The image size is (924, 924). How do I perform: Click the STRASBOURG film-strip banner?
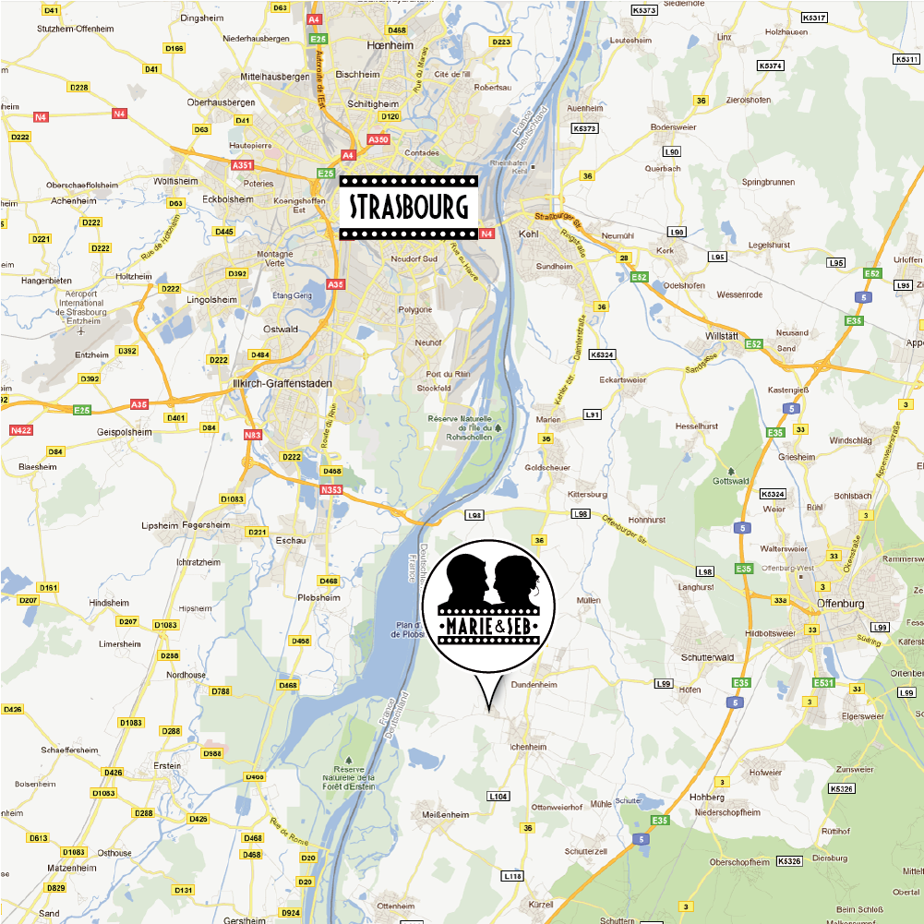[x=408, y=207]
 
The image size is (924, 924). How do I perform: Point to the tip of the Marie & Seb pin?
[x=487, y=712]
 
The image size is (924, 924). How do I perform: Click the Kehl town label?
[x=529, y=234]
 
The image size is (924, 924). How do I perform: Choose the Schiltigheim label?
[x=373, y=103]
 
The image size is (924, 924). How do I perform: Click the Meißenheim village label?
[x=446, y=815]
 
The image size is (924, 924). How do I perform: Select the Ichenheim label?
[x=529, y=747]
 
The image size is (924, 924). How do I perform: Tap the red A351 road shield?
[x=242, y=164]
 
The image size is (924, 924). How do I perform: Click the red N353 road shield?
[x=331, y=489]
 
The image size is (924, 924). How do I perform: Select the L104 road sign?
[x=498, y=796]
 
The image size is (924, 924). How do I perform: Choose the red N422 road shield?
[x=20, y=430]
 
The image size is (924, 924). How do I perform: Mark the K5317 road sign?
[x=814, y=17]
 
